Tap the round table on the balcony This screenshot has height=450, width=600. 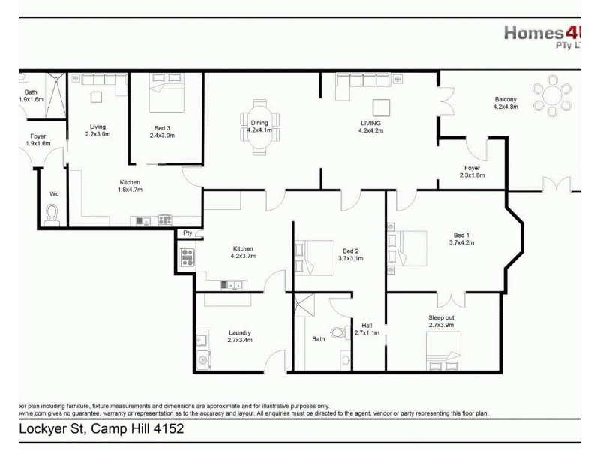[553, 96]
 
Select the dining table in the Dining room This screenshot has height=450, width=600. [259, 132]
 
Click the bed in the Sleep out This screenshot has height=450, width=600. [441, 349]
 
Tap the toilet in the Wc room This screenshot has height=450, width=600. [52, 214]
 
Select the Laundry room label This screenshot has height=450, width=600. [240, 332]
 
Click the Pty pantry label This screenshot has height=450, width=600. [187, 233]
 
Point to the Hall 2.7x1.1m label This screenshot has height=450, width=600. [367, 328]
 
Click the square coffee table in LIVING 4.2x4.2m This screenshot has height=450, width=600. [381, 105]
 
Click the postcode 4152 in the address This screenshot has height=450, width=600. [169, 429]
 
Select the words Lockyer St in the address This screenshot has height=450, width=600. [49, 429]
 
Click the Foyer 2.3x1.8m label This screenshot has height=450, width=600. [472, 172]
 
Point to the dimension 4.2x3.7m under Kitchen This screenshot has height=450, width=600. [243, 256]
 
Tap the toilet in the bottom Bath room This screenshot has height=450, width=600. [339, 333]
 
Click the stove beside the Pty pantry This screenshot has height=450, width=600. [187, 258]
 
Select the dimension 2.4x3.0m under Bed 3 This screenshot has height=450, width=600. [162, 136]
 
